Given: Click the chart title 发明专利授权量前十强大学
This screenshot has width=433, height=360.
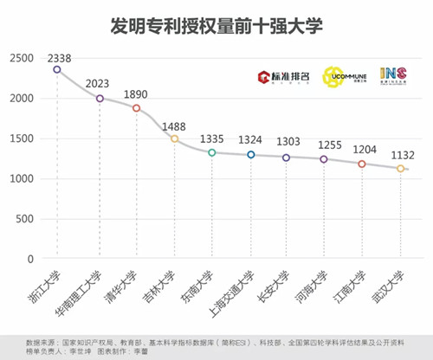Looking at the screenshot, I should [x=216, y=26].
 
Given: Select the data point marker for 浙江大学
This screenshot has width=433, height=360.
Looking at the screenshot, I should [x=57, y=69].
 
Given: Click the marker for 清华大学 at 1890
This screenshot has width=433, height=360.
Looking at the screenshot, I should [x=136, y=108].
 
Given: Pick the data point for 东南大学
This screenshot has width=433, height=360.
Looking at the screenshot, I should [x=211, y=152].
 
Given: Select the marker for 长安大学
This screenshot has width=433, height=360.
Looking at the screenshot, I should [x=287, y=157].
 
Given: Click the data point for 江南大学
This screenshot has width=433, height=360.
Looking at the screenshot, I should [x=362, y=164].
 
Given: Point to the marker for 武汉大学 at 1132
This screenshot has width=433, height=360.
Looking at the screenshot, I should [x=400, y=169].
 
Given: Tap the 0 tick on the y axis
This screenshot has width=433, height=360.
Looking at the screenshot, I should [x=30, y=259].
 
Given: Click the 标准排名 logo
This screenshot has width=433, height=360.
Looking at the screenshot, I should [x=282, y=78].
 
